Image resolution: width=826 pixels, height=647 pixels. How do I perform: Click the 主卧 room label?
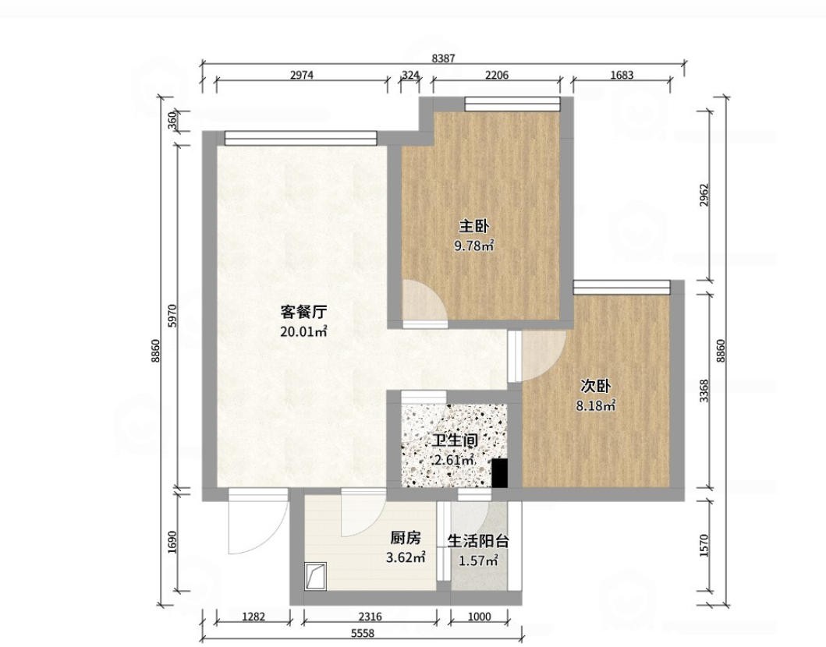click(474, 227)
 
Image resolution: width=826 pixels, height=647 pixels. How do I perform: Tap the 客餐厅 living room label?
click(303, 312)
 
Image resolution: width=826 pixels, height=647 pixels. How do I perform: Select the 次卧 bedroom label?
click(595, 387)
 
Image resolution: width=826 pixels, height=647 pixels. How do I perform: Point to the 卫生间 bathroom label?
click(456, 440)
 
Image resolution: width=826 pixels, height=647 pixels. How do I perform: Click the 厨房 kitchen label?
click(406, 538)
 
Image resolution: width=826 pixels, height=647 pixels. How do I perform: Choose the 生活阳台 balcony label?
click(478, 541)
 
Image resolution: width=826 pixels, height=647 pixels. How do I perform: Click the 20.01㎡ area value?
click(303, 331)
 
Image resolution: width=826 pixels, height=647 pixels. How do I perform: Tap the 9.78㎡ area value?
click(474, 246)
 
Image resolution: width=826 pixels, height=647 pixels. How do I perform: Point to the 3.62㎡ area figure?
click(406, 557)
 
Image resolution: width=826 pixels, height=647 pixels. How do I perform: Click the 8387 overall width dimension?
click(443, 58)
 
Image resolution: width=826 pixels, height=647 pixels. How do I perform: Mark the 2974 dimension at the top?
click(302, 75)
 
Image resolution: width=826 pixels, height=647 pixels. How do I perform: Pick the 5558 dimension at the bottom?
click(363, 634)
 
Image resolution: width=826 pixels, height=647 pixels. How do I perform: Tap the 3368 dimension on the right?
click(705, 391)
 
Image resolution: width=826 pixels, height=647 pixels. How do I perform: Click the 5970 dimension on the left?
click(172, 316)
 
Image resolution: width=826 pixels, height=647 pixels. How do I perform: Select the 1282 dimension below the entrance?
click(253, 617)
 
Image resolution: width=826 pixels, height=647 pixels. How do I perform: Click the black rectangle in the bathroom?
click(500, 472)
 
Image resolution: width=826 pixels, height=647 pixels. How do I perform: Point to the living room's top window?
click(301, 138)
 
